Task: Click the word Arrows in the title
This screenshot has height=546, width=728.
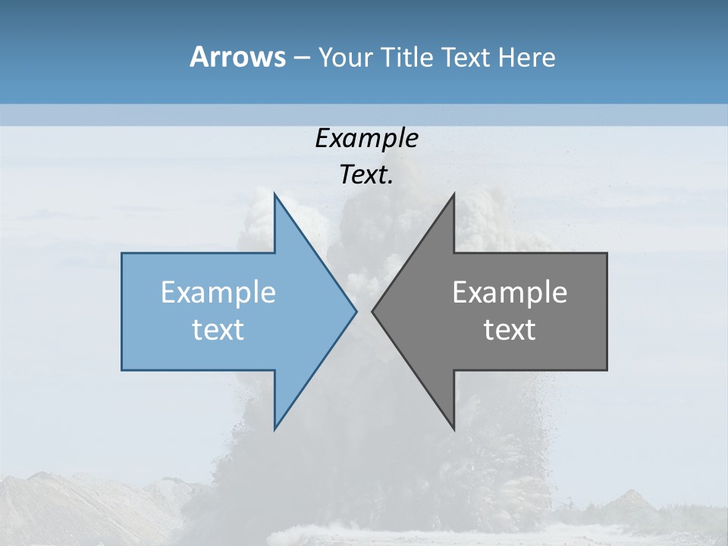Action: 237,57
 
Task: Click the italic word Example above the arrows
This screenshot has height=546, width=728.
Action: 366,139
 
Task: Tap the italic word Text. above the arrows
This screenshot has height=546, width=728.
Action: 366,175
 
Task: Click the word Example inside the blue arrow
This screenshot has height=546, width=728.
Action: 218,293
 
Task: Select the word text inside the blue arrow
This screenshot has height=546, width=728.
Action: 218,330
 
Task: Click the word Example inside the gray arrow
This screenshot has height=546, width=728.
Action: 510,293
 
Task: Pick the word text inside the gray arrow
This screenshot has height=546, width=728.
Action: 510,330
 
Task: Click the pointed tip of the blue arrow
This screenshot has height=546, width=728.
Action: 356,311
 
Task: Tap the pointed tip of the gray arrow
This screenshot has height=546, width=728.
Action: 372,311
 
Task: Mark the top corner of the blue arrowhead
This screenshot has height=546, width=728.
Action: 275,194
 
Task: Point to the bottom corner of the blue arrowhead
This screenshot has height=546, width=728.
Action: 275,429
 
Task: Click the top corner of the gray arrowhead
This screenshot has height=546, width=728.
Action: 454,194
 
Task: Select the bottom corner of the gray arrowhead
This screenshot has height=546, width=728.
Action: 454,429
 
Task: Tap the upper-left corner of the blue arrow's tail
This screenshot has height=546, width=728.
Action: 122,253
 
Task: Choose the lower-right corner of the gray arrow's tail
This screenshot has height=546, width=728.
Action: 607,370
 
